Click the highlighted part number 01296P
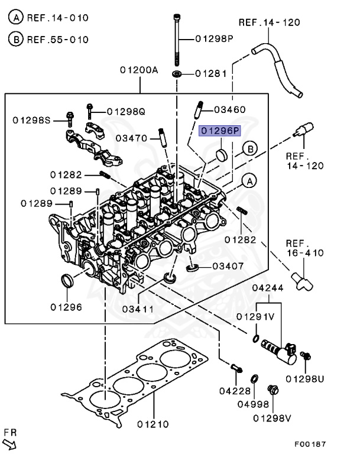coord(220,131)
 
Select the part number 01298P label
coord(215,39)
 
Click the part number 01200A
coord(139,70)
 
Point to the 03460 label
coord(229,109)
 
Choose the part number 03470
coord(131,138)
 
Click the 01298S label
coord(33,120)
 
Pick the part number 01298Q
coord(126,111)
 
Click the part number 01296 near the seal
coord(66,307)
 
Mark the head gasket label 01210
coord(153,424)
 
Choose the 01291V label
coord(255,316)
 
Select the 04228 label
coord(235,390)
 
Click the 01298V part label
coord(273,418)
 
